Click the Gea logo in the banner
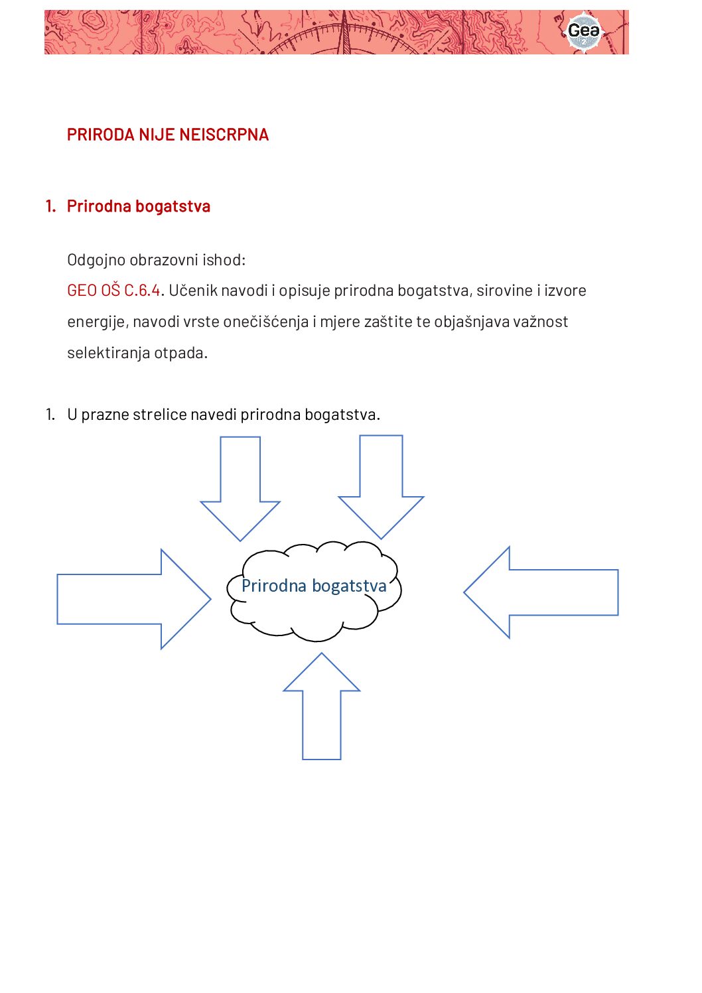pos(584,31)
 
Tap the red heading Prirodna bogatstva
pos(138,206)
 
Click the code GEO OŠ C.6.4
pos(113,291)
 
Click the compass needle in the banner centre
pos(344,33)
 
